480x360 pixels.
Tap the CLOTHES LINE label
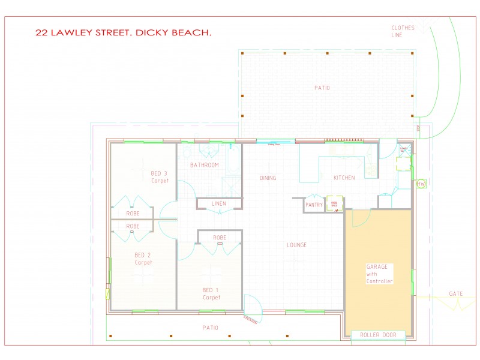coord(403,31)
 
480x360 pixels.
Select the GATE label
coord(455,294)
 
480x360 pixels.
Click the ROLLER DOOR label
coord(378,335)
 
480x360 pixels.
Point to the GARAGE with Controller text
coord(379,274)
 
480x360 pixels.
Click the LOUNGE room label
coord(296,245)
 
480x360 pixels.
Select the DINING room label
coord(268,178)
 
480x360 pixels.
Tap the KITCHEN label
coord(344,178)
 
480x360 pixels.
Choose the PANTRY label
coord(314,205)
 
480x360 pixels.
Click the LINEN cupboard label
coord(219,204)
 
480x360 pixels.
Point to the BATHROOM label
coord(204,165)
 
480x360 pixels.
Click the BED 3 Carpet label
coord(159,177)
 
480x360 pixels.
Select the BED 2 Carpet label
coord(143,259)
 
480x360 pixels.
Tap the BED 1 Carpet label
coord(211,293)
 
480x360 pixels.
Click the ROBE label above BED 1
coord(219,238)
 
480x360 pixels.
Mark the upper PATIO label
coord(322,88)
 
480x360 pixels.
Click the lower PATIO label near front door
coord(210,328)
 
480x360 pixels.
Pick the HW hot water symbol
coord(421,184)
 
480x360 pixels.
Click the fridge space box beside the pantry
coord(334,204)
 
